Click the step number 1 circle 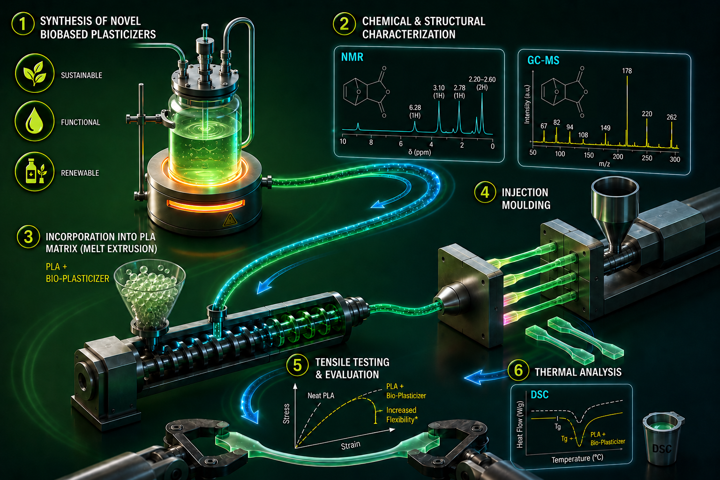click(23, 24)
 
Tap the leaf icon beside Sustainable click(34, 73)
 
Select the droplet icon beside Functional click(34, 121)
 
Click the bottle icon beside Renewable click(34, 172)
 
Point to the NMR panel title click(352, 57)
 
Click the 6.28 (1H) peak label click(415, 111)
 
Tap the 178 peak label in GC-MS click(627, 71)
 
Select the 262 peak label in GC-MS click(671, 117)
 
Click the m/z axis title click(604, 164)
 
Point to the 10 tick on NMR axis click(343, 142)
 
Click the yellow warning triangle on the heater click(230, 219)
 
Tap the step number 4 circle click(485, 192)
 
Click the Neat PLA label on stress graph click(321, 396)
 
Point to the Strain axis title click(351, 445)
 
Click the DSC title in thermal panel click(540, 395)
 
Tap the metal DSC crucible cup click(663, 439)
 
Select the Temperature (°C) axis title click(577, 458)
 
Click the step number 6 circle click(518, 370)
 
